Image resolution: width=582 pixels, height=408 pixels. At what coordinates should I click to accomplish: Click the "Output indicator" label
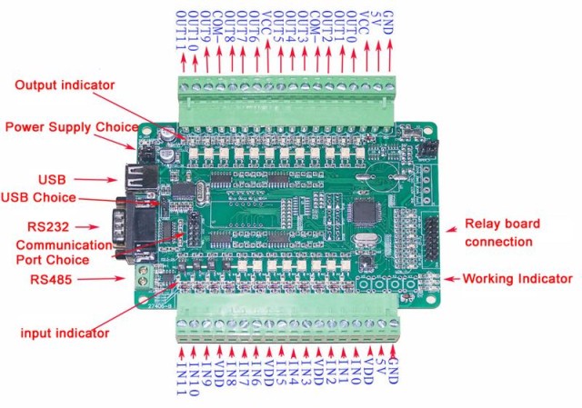[65, 85]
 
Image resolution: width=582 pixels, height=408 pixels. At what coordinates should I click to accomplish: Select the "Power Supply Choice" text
[72, 127]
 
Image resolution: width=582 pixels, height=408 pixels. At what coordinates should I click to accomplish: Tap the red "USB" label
[52, 180]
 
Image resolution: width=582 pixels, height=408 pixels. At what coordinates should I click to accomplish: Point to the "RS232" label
[48, 226]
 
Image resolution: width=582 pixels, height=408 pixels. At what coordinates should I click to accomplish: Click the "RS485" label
[51, 279]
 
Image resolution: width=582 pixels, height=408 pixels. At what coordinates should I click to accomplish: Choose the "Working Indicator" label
[517, 279]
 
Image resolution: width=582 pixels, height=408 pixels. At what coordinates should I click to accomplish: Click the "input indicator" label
[65, 333]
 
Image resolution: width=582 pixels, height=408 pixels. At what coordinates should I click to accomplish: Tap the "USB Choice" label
[38, 197]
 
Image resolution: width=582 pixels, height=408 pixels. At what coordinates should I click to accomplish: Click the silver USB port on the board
[141, 177]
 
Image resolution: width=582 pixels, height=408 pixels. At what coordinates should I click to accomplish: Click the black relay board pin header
[431, 238]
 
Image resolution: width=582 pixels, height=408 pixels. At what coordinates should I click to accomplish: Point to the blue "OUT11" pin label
[181, 31]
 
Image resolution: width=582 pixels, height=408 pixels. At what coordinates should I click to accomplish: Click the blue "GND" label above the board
[387, 23]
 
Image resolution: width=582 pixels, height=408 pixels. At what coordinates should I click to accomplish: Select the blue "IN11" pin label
[182, 379]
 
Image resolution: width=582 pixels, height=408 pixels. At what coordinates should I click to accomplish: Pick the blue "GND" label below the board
[393, 371]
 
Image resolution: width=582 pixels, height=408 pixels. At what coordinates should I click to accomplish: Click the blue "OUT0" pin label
[352, 26]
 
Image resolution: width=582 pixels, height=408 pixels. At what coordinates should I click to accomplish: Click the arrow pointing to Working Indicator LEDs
[452, 279]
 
